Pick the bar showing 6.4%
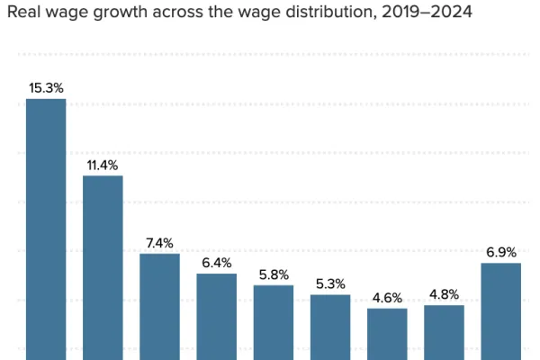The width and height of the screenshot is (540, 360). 217,315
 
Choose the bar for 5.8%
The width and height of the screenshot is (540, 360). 274,320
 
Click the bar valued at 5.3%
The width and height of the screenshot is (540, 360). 330,326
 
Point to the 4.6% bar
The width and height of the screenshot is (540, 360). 387,333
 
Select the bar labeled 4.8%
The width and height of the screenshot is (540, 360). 444,331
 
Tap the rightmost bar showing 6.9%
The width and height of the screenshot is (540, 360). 501,310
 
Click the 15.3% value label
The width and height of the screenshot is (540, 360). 46,88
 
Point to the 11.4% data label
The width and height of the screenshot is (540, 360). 103,165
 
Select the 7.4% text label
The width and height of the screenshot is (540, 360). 159,243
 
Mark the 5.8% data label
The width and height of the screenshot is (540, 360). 274,274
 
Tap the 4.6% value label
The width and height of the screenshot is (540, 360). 387,298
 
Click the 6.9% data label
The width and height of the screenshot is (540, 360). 501,252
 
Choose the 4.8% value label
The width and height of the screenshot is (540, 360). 444,294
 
